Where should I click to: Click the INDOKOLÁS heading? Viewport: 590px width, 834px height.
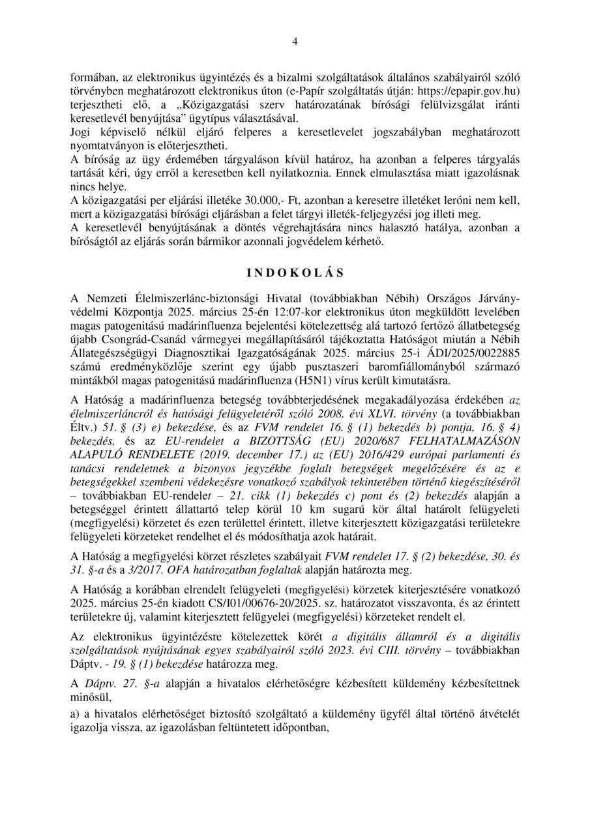tap(295, 271)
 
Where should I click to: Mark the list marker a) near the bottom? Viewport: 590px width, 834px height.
tap(76, 715)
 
